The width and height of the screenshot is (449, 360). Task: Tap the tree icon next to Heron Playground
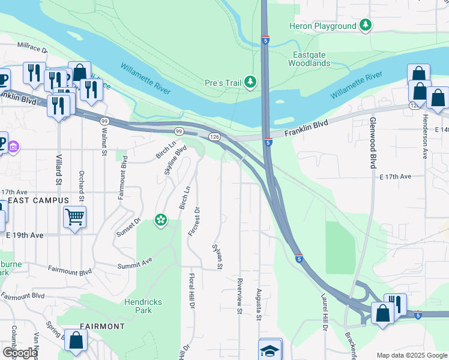pyautogui.click(x=365, y=26)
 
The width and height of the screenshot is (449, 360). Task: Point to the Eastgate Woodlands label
pyautogui.click(x=311, y=59)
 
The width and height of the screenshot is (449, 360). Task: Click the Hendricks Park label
pyautogui.click(x=143, y=306)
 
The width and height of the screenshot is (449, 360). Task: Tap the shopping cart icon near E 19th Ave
pyautogui.click(x=74, y=217)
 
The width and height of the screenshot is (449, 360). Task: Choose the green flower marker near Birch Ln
pyautogui.click(x=160, y=220)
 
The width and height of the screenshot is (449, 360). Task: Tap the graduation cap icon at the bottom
pyautogui.click(x=270, y=350)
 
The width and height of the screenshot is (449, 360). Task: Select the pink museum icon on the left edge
pyautogui.click(x=14, y=146)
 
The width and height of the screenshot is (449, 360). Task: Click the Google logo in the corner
pyautogui.click(x=19, y=353)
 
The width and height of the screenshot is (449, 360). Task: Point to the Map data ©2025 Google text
pyautogui.click(x=411, y=355)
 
